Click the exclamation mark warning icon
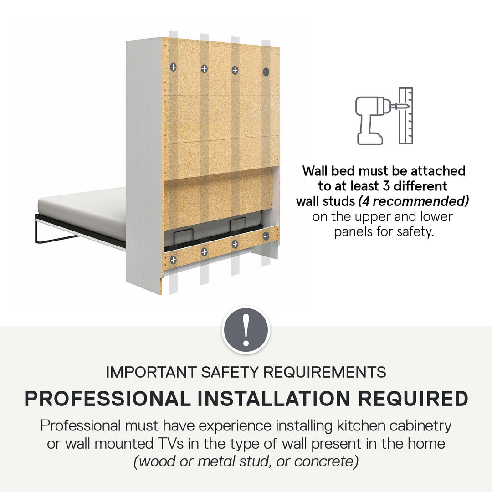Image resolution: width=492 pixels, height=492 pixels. pos(246,330)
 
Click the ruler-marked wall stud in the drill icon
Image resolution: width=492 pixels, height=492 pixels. pos(406,116)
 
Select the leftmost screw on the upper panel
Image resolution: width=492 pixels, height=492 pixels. pos(173,67)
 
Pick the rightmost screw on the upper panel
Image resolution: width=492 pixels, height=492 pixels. pos(266,72)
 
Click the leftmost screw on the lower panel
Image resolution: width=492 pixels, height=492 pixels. pos(173,260)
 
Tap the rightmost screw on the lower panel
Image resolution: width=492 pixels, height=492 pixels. pos(266,236)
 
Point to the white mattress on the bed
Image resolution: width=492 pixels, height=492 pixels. pos(82,213)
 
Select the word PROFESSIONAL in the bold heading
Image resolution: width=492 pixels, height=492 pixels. pos(108,399)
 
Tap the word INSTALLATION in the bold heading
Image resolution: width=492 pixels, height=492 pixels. pos(274,399)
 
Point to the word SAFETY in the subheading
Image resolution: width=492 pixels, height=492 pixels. pos(230,372)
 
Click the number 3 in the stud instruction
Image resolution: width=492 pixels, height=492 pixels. pos(386,186)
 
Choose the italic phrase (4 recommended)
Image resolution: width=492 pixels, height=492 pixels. pos(414,201)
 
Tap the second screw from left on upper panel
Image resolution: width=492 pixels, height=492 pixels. pos(204,69)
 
